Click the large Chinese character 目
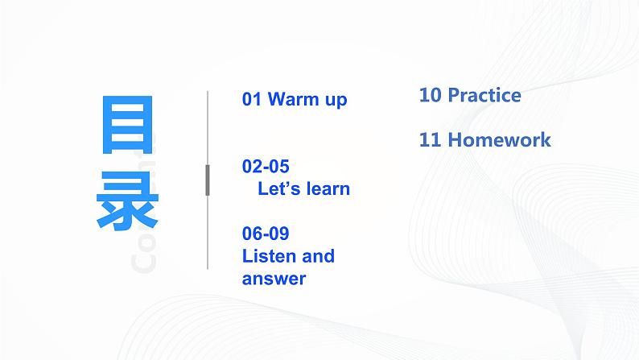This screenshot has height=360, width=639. tap(128, 126)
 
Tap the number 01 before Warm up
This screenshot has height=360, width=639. tap(252, 100)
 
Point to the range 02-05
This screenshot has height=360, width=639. tap(265, 167)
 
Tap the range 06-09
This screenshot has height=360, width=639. tap(265, 234)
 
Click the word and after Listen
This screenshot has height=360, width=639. tap(317, 257)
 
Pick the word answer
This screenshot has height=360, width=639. tap(274, 279)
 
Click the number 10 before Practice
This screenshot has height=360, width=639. tap(430, 95)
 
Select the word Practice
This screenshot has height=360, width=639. tap(484, 95)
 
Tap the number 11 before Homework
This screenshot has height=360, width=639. tap(430, 139)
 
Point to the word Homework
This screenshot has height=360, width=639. tap(499, 139)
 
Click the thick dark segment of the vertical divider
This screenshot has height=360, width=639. tap(208, 180)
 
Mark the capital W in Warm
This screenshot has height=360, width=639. tap(275, 100)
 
